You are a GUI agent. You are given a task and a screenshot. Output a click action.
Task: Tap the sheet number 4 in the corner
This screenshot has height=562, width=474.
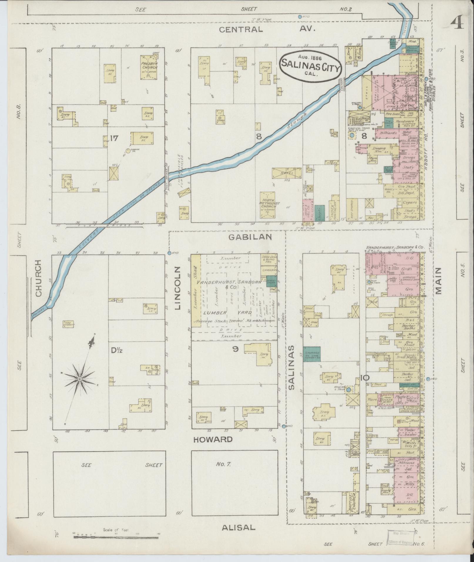(x=456, y=22)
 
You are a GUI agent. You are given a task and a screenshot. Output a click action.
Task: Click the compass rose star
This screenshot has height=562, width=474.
(x=80, y=380)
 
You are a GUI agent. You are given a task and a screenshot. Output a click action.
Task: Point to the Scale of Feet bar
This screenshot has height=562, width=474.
(x=116, y=537)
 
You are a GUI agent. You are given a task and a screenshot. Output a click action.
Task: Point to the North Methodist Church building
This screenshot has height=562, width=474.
(x=268, y=205)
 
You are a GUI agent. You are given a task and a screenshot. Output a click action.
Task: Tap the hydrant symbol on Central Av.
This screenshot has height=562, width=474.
(x=300, y=17)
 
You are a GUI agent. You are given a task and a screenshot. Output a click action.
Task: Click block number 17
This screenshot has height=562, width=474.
(x=114, y=138)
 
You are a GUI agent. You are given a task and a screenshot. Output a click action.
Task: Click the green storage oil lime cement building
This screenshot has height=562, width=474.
(x=312, y=354)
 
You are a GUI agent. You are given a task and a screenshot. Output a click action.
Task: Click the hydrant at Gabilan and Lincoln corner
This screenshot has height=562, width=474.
(x=170, y=253)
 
